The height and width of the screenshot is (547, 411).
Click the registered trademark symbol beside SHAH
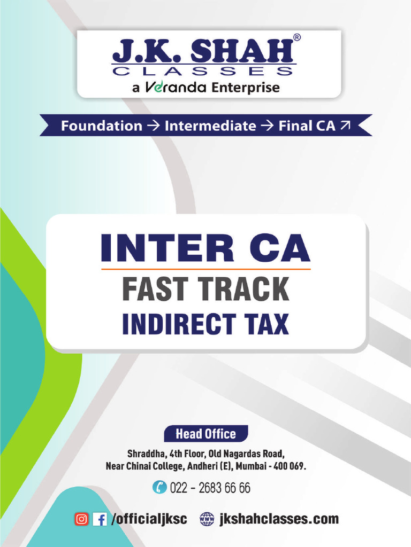[x=296, y=37]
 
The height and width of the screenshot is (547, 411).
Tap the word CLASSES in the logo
[x=203, y=71]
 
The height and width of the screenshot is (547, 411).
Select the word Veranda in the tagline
[x=176, y=87]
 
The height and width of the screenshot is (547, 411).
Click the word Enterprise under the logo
[x=246, y=88]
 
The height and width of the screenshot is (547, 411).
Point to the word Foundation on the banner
[x=101, y=126]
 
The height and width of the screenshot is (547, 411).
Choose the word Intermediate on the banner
[x=210, y=126]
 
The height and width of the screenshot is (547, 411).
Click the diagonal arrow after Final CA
[x=345, y=125]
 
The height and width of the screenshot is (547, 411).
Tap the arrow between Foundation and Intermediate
[x=153, y=126]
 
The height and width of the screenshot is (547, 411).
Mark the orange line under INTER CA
[x=205, y=269]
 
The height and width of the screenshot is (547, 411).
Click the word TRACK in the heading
[x=245, y=289]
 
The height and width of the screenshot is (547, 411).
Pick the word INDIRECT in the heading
[x=179, y=324]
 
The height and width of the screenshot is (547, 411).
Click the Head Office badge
[x=206, y=434]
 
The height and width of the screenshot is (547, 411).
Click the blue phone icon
[x=159, y=487]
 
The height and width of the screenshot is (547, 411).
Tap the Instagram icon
[x=81, y=519]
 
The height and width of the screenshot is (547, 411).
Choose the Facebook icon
[x=100, y=519]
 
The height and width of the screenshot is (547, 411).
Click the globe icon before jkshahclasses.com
[x=207, y=519]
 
